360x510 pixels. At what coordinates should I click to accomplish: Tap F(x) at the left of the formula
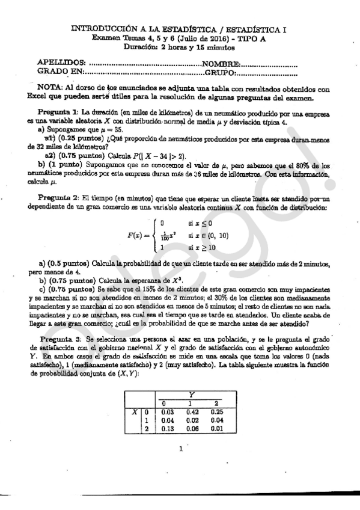click(137, 235)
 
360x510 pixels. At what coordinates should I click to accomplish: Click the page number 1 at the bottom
click(180, 448)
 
